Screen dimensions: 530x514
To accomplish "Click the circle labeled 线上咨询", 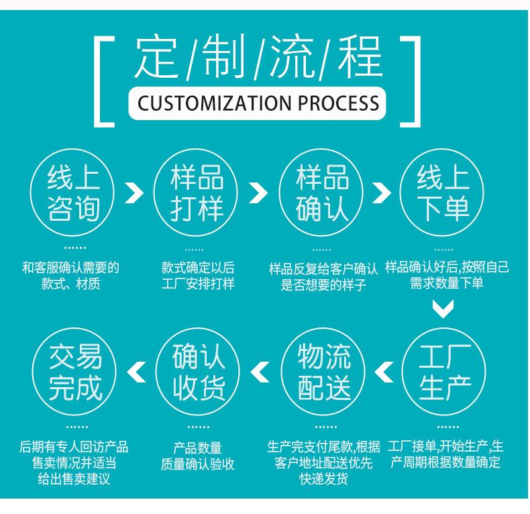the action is click(x=73, y=193).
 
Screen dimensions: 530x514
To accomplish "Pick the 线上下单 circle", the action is click(x=443, y=193).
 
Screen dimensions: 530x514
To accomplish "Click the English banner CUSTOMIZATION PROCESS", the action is click(x=258, y=103).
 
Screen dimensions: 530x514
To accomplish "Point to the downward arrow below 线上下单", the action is click(x=443, y=309).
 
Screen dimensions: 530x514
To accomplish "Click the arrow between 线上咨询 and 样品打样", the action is click(x=135, y=193).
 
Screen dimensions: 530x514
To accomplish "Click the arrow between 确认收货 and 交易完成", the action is click(x=136, y=372).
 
